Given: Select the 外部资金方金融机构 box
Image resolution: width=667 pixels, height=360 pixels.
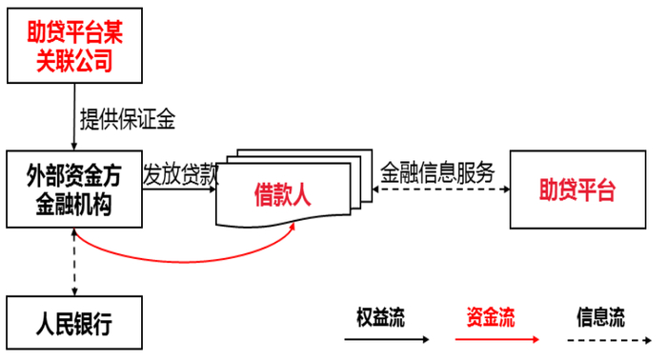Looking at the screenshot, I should pyautogui.click(x=73, y=190).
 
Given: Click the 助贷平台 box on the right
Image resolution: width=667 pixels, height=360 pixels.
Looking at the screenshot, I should pyautogui.click(x=577, y=189).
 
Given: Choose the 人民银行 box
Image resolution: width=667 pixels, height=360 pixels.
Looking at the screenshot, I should pyautogui.click(x=73, y=325).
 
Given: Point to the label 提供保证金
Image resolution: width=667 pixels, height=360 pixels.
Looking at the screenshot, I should pyautogui.click(x=128, y=119).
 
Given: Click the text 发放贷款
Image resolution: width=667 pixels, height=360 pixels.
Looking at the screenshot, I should pyautogui.click(x=181, y=174).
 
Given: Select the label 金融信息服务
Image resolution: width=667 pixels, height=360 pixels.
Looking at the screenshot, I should pyautogui.click(x=437, y=172).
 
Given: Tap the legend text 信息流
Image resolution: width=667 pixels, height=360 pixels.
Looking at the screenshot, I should pyautogui.click(x=600, y=317).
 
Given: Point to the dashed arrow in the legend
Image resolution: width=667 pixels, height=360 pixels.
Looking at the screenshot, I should pyautogui.click(x=604, y=340).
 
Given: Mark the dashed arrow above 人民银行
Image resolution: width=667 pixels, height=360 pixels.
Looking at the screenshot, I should pyautogui.click(x=74, y=261).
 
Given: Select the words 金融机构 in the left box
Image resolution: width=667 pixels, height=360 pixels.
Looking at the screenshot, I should pyautogui.click(x=73, y=204).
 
